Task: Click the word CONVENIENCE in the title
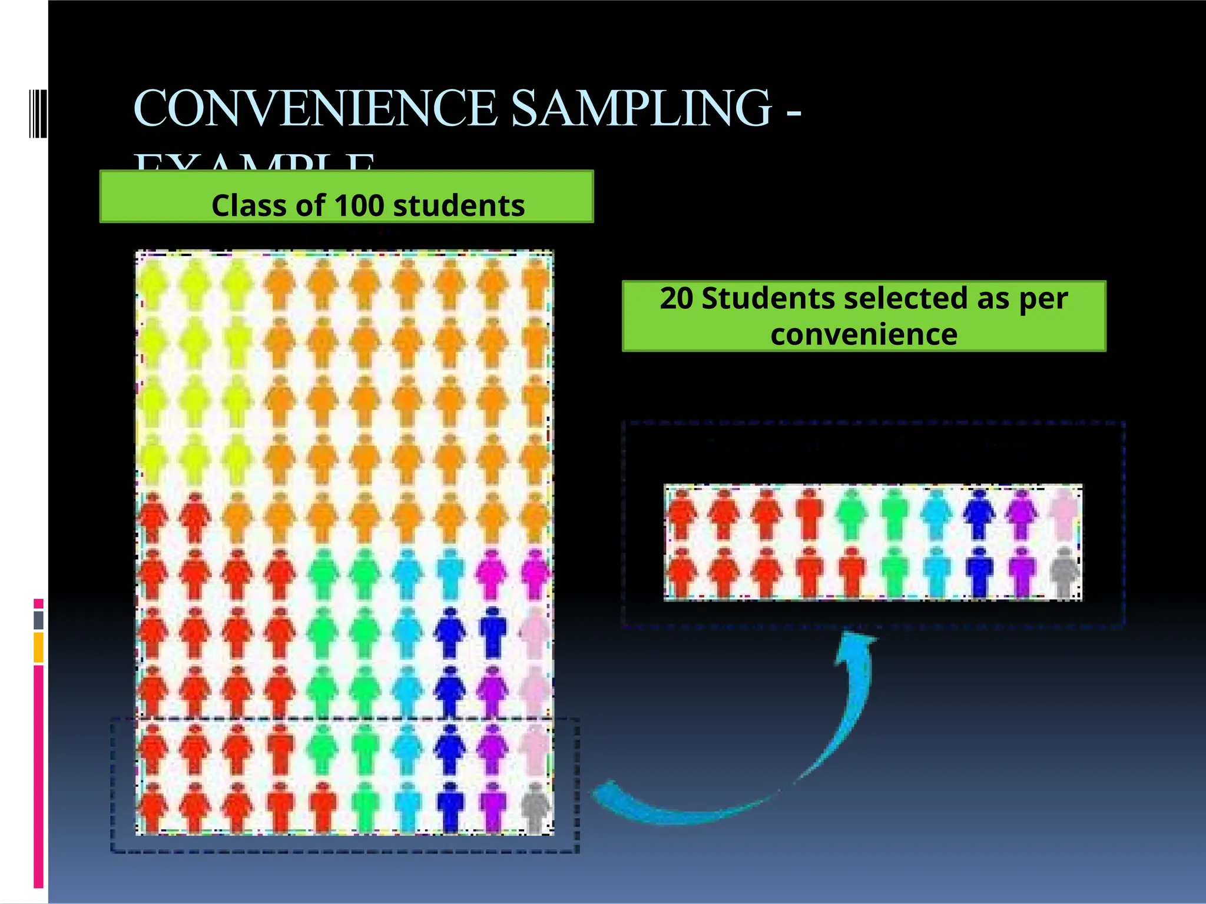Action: point(316,108)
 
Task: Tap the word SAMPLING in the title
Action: point(641,108)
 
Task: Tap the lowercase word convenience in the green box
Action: point(864,334)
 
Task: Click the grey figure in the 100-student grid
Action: point(535,807)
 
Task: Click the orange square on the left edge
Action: point(38,647)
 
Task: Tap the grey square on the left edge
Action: point(38,620)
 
